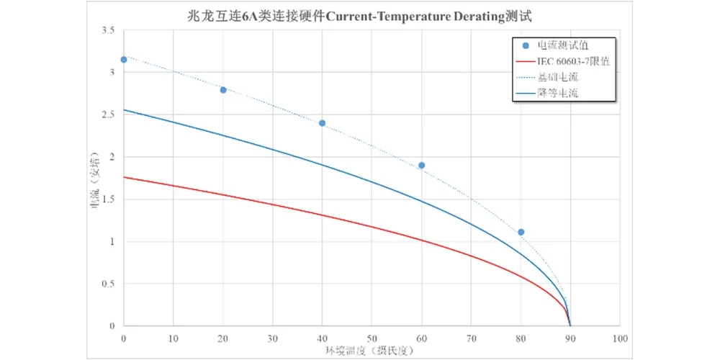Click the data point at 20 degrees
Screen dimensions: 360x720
223,90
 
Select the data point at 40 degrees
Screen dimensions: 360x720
322,123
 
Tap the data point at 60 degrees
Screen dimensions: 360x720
421,165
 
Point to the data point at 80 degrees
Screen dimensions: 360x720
521,232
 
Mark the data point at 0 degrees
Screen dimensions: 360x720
124,60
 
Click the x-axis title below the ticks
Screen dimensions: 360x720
372,350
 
